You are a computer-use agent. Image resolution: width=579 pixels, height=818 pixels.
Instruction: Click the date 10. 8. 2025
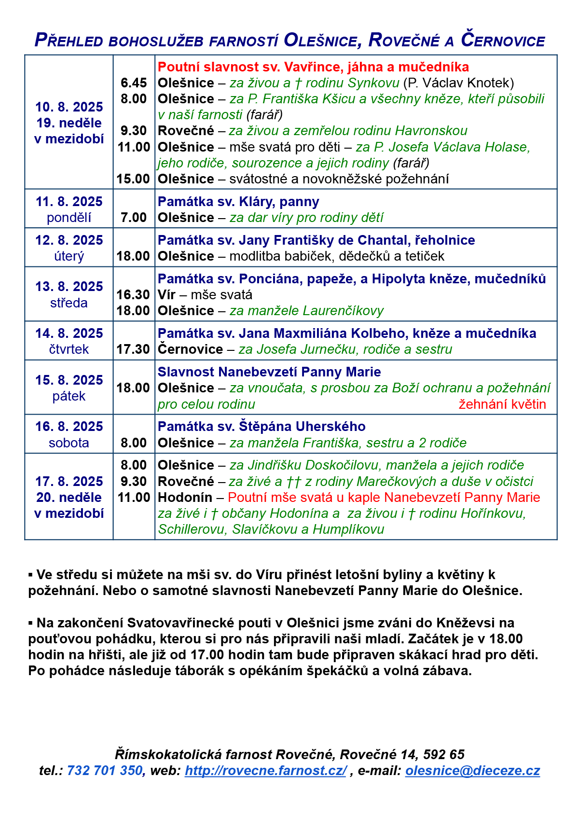[69, 107]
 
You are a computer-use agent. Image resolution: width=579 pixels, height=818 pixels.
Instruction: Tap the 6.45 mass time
[134, 83]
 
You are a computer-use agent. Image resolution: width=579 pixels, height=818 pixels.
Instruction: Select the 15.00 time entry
[133, 179]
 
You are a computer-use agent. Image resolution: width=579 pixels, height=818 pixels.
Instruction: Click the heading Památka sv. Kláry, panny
[238, 202]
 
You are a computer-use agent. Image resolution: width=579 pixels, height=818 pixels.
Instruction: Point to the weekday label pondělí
[69, 218]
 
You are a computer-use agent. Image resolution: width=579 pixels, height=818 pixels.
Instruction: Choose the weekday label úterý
[69, 256]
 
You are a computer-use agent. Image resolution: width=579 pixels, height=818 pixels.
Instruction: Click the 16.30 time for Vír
[133, 295]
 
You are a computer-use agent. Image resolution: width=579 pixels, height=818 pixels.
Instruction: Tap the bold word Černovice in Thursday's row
[191, 349]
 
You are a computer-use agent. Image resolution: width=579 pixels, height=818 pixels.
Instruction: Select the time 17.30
[133, 349]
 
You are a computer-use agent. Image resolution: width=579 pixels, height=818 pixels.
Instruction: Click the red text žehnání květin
[502, 404]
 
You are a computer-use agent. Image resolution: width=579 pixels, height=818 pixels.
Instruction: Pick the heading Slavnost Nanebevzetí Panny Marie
[269, 372]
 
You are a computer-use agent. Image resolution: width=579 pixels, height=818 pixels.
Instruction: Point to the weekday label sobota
[69, 443]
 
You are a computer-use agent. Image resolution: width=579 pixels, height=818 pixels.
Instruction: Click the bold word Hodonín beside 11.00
[185, 498]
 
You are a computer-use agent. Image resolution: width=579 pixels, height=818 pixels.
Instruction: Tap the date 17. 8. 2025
[69, 482]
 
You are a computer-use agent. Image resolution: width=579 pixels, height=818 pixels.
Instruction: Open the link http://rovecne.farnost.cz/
[265, 771]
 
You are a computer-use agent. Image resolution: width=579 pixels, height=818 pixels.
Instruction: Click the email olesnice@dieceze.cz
[472, 771]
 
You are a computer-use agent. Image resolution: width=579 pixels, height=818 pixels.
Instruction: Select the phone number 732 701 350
[105, 771]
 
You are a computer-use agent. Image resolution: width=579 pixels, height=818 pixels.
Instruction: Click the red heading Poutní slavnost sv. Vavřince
[313, 67]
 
